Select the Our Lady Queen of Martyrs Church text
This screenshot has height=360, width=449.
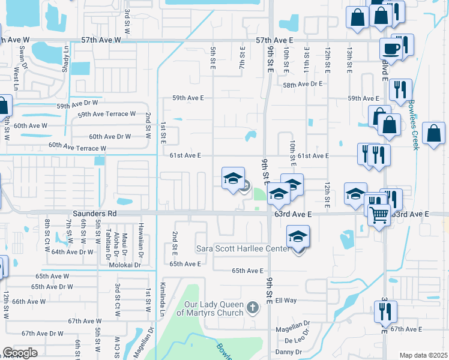tap(210, 308)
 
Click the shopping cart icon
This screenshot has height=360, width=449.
tap(379, 214)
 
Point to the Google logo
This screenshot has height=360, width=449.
tap(20, 353)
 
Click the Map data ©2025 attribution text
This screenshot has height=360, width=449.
tap(423, 355)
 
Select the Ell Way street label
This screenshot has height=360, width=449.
tap(286, 300)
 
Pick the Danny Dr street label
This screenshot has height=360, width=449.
tap(289, 352)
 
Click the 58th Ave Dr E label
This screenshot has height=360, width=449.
tap(303, 85)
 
